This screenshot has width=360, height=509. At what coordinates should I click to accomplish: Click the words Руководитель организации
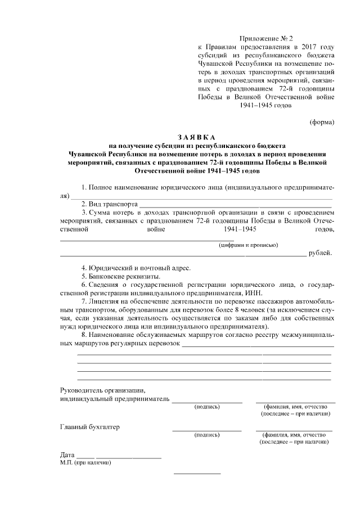103,390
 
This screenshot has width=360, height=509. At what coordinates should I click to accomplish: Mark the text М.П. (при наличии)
85,463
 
